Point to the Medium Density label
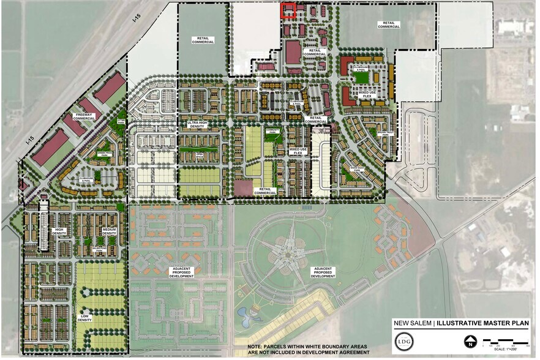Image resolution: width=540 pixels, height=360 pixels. tap(110, 232)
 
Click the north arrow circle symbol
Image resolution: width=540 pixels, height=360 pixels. tap(470, 342)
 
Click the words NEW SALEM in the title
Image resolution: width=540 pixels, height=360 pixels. tap(413, 324)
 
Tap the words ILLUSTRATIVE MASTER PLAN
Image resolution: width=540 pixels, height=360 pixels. tap(479, 324)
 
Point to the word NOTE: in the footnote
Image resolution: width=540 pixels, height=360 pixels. tap(257, 347)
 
